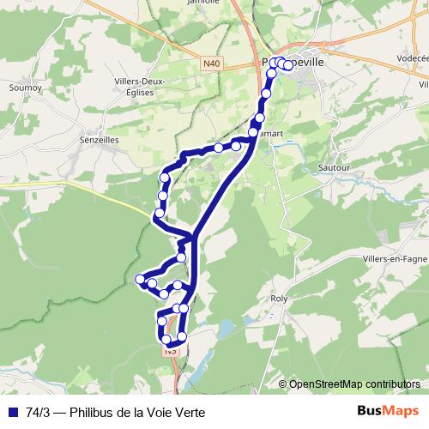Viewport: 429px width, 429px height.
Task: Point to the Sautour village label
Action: click(x=335, y=169)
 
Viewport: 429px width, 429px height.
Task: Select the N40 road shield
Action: click(x=212, y=62)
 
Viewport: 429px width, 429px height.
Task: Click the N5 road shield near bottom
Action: click(x=172, y=350)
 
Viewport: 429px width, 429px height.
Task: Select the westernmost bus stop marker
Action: click(x=140, y=278)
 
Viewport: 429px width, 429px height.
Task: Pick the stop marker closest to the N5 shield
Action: click(x=167, y=340)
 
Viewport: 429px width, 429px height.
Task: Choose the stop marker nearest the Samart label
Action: click(x=259, y=118)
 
